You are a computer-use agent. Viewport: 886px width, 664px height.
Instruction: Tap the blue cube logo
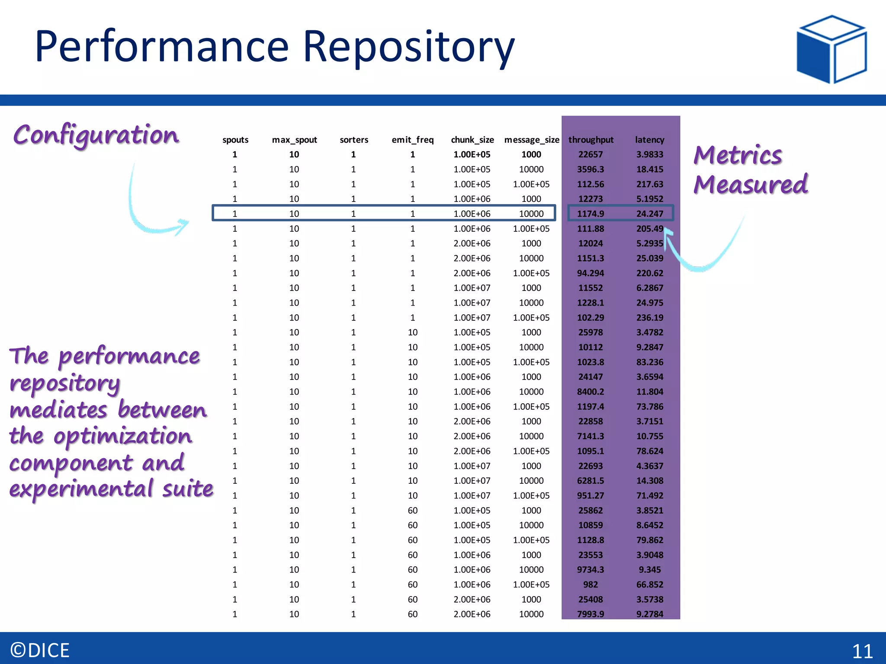[831, 49]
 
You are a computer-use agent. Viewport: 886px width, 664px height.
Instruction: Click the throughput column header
[591, 140]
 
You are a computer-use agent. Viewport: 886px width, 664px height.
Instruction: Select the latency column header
[649, 140]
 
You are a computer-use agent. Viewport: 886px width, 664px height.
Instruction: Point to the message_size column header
[532, 140]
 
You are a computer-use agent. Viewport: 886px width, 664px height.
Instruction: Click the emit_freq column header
[412, 140]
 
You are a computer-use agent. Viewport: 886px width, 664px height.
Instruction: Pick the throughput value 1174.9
[591, 214]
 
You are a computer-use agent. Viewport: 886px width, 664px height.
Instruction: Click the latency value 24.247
[649, 214]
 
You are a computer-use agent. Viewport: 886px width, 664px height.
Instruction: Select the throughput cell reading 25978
[591, 332]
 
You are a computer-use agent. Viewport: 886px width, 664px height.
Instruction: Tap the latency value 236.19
[649, 318]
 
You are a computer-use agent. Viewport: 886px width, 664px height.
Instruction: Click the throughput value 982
[591, 584]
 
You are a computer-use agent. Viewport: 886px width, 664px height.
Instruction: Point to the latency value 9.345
[649, 570]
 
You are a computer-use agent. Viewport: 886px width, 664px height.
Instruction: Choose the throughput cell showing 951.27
[591, 495]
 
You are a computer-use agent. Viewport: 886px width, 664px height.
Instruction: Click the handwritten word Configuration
[96, 135]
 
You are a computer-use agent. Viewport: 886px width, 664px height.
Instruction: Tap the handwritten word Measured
[751, 185]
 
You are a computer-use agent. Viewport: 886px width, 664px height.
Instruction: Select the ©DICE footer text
[40, 651]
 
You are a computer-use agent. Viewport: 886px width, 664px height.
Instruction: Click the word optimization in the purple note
[122, 436]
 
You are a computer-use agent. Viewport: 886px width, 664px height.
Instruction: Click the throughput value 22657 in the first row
[591, 154]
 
